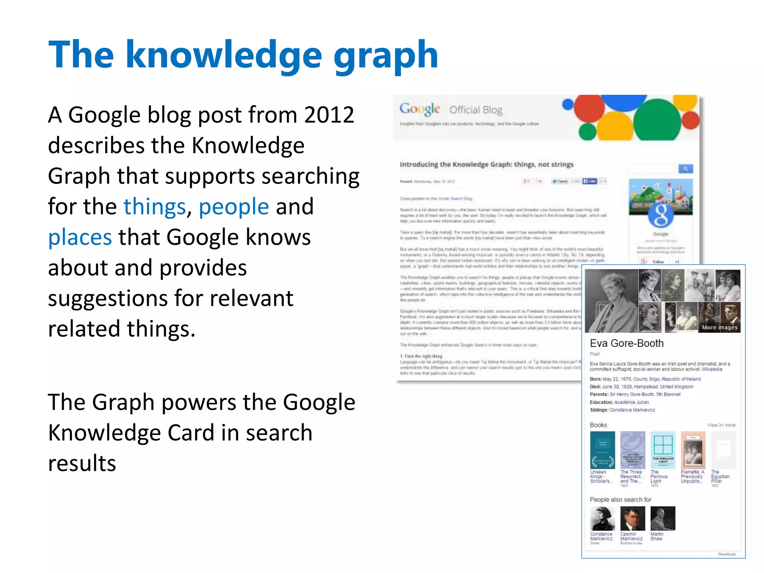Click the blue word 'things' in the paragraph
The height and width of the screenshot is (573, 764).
click(154, 207)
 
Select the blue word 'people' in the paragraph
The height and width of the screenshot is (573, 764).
click(234, 207)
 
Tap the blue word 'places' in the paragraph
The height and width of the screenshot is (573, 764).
click(80, 237)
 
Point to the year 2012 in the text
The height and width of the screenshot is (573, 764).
click(329, 115)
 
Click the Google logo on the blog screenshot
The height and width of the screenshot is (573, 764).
click(420, 109)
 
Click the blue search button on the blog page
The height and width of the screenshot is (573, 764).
click(685, 169)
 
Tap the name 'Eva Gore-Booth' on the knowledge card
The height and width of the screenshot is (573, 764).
click(627, 343)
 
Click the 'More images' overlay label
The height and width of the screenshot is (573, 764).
click(720, 328)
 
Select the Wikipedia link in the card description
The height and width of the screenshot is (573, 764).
click(712, 369)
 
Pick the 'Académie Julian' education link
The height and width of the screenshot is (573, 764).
click(631, 402)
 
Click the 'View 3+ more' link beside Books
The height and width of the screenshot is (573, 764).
click(721, 425)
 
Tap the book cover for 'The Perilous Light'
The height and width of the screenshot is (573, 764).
click(663, 450)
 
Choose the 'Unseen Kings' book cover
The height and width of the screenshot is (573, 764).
click(602, 450)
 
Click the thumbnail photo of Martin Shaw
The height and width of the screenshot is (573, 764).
click(663, 519)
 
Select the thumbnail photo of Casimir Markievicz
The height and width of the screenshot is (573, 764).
click(632, 519)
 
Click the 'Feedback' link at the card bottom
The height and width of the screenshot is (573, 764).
click(726, 554)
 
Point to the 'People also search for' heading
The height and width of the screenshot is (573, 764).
click(620, 500)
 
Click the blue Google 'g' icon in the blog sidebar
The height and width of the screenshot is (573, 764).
click(661, 216)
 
